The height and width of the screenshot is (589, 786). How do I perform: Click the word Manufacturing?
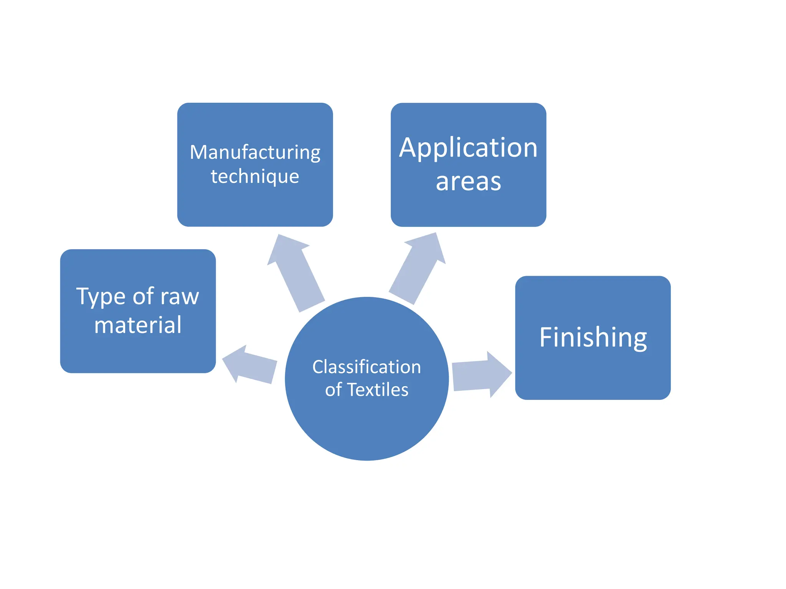tap(255, 153)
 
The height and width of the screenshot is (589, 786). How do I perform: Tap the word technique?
tap(255, 177)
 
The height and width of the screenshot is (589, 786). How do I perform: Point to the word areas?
tap(468, 181)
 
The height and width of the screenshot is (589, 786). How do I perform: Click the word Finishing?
tap(593, 337)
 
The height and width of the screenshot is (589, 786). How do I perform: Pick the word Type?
tap(101, 297)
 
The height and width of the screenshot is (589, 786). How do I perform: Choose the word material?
tap(138, 325)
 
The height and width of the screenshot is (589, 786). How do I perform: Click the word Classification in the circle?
tap(367, 367)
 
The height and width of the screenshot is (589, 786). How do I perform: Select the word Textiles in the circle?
tap(378, 390)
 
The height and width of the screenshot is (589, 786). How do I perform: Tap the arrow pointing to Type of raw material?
tap(250, 365)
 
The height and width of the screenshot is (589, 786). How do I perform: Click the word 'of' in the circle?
tap(333, 390)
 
